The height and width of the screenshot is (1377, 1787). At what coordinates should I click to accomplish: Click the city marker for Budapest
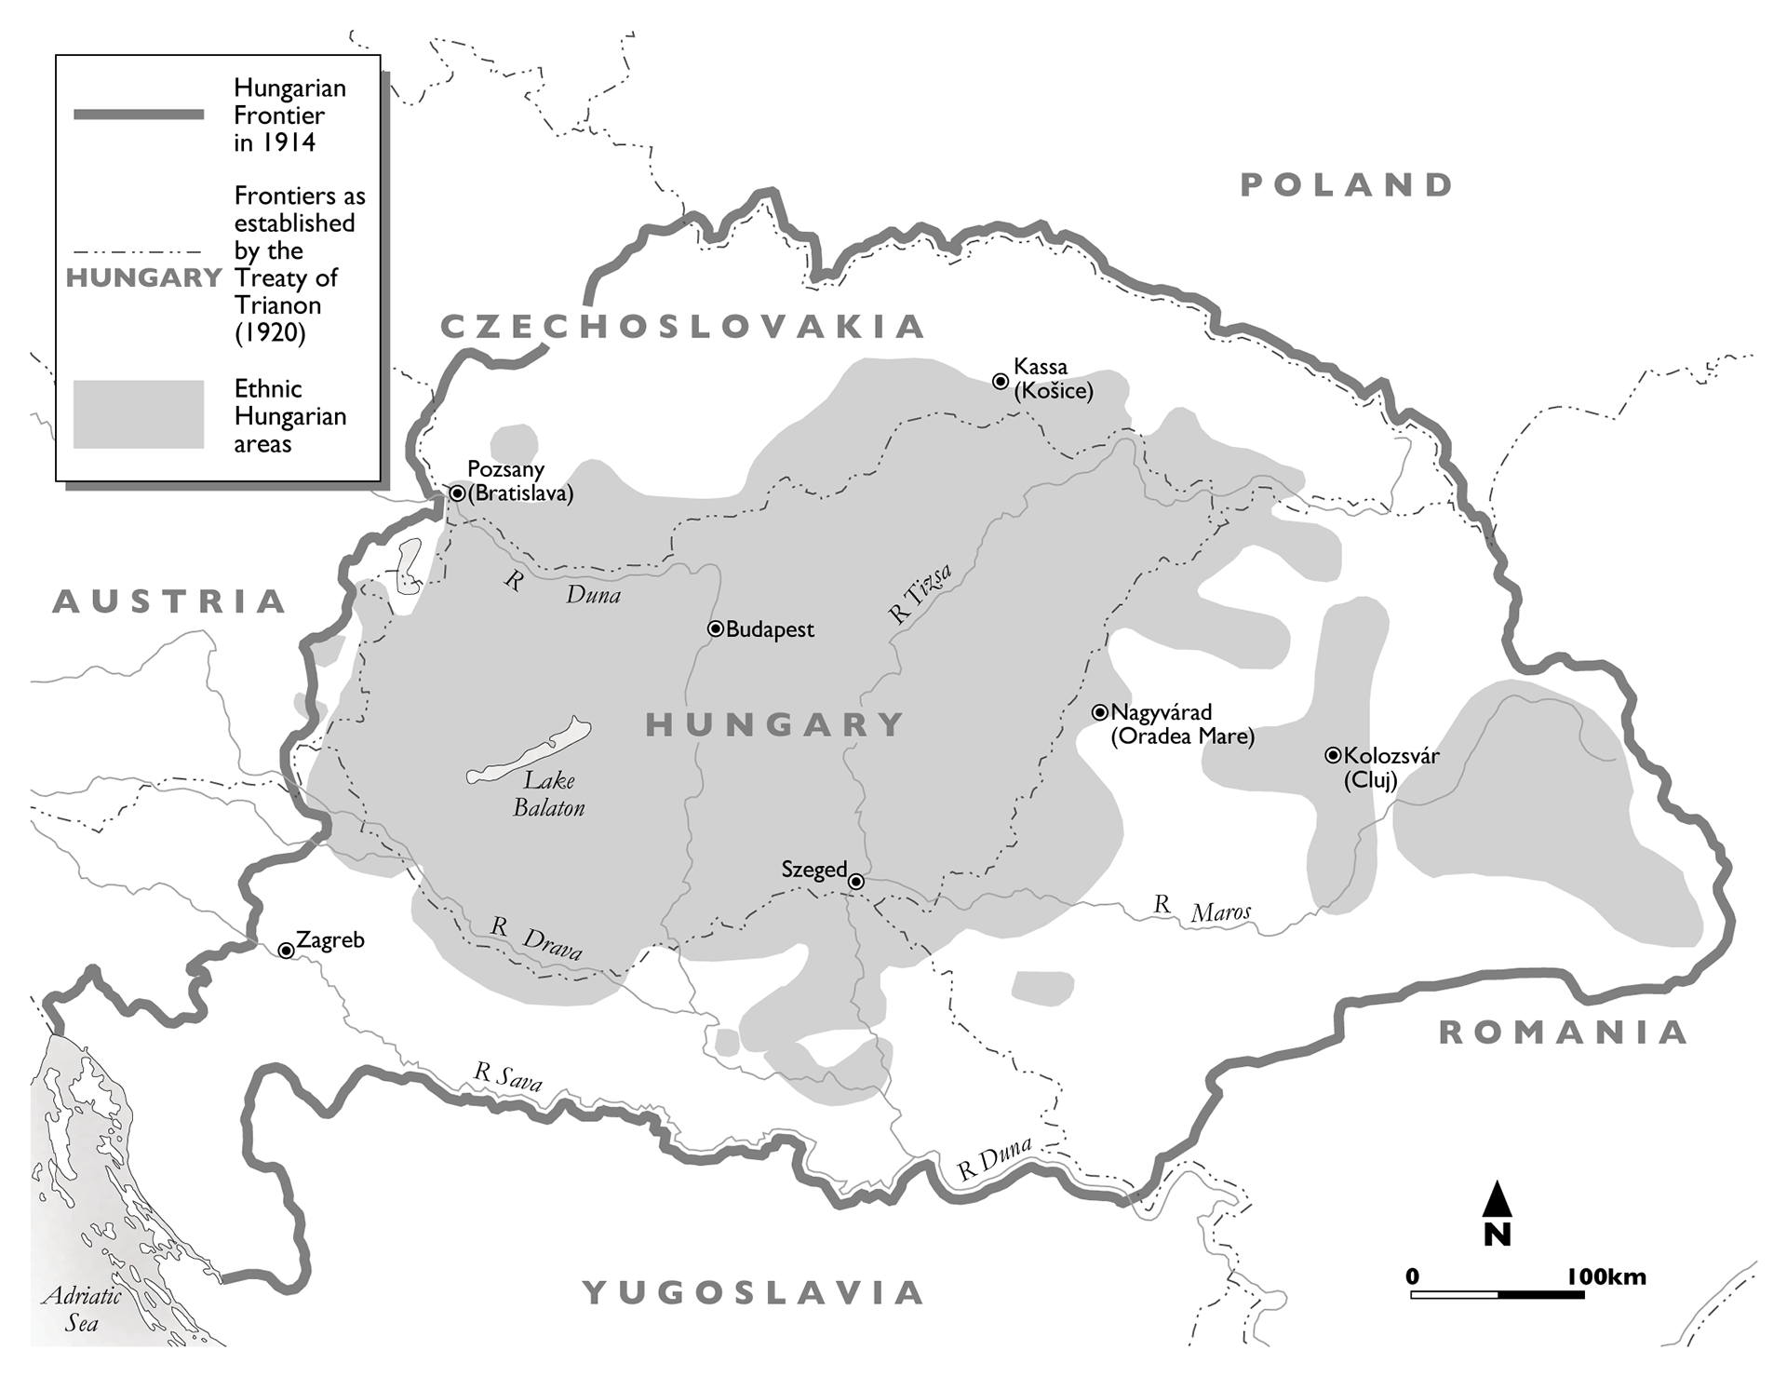[x=715, y=629]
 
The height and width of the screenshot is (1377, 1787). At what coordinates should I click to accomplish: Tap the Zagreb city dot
[x=287, y=951]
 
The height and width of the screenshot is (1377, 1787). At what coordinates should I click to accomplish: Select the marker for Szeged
[x=856, y=882]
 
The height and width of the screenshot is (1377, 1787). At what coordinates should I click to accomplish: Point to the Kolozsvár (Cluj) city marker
[x=1333, y=756]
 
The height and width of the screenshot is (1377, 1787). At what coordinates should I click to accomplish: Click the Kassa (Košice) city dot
[x=1001, y=381]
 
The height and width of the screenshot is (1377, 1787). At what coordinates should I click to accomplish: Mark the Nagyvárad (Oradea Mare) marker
[x=1100, y=713]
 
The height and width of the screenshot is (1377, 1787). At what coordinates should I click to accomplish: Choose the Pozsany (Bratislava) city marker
[x=457, y=493]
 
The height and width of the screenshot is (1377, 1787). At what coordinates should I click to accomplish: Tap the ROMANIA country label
[x=1564, y=1033]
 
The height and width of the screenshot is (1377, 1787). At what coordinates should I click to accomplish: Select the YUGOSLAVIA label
[x=754, y=1292]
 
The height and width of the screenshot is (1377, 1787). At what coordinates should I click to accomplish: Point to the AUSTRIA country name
[x=169, y=601]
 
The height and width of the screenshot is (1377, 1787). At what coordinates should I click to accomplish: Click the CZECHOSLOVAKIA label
[x=683, y=327]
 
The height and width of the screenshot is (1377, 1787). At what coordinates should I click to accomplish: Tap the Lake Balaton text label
[x=549, y=794]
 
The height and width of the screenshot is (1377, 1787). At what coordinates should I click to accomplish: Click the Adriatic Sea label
[x=82, y=1309]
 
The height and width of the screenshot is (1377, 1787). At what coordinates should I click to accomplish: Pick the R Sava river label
[x=507, y=1076]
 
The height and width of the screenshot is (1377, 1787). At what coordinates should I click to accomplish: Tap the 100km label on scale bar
[x=1606, y=1276]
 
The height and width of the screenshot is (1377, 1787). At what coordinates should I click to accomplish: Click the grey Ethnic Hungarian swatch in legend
[x=139, y=414]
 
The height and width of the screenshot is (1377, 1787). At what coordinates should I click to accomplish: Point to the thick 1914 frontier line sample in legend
[x=139, y=115]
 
